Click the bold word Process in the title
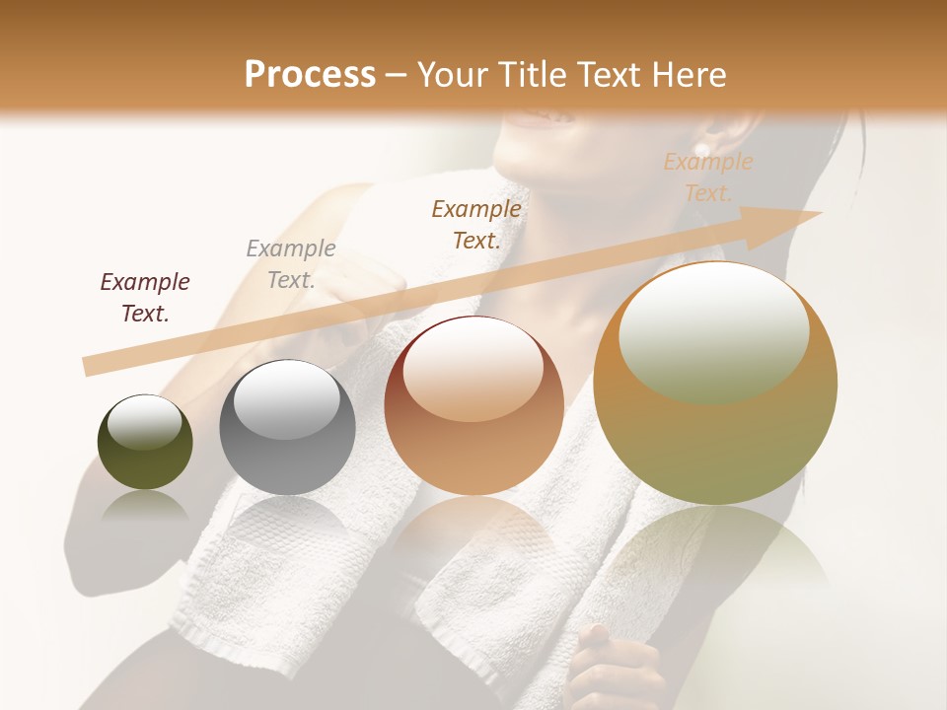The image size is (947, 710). tap(310, 75)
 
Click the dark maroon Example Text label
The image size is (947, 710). tap(145, 298)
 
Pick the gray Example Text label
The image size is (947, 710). tap(291, 264)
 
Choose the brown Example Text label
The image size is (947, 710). tap(476, 224)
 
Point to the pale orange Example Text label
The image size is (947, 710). tap(708, 177)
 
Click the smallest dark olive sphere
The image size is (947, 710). tap(145, 443)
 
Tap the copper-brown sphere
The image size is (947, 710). tap(474, 405)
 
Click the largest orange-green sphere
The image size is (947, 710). tap(715, 385)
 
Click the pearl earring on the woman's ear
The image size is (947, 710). tap(703, 148)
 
